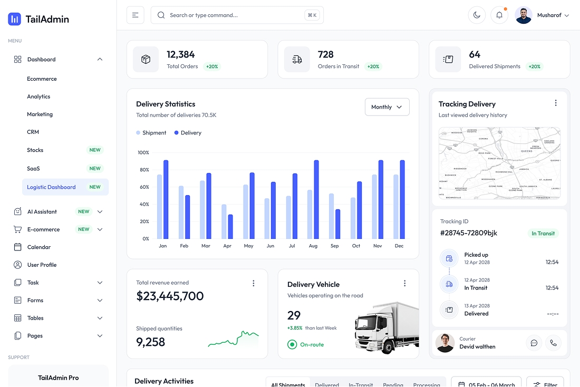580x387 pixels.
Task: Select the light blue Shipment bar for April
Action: (x=224, y=221)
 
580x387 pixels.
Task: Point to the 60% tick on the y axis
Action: (x=143, y=187)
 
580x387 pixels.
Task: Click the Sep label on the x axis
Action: (x=334, y=246)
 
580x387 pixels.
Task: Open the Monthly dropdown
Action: (x=386, y=107)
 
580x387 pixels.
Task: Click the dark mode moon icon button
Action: (x=477, y=15)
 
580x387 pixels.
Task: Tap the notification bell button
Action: (x=499, y=15)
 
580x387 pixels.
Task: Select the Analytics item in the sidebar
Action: (x=38, y=96)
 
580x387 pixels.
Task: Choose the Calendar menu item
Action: (x=39, y=247)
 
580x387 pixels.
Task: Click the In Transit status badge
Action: (x=543, y=233)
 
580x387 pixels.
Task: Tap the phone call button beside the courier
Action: (x=553, y=343)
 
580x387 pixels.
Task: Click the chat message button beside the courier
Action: (x=534, y=343)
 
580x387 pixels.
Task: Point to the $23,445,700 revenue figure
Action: (x=170, y=296)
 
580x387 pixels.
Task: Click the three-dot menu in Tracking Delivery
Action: (x=555, y=103)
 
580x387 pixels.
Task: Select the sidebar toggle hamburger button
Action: (x=135, y=15)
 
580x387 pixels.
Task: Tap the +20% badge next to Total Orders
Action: (x=212, y=66)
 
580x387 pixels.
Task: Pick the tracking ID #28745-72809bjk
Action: (x=469, y=233)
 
